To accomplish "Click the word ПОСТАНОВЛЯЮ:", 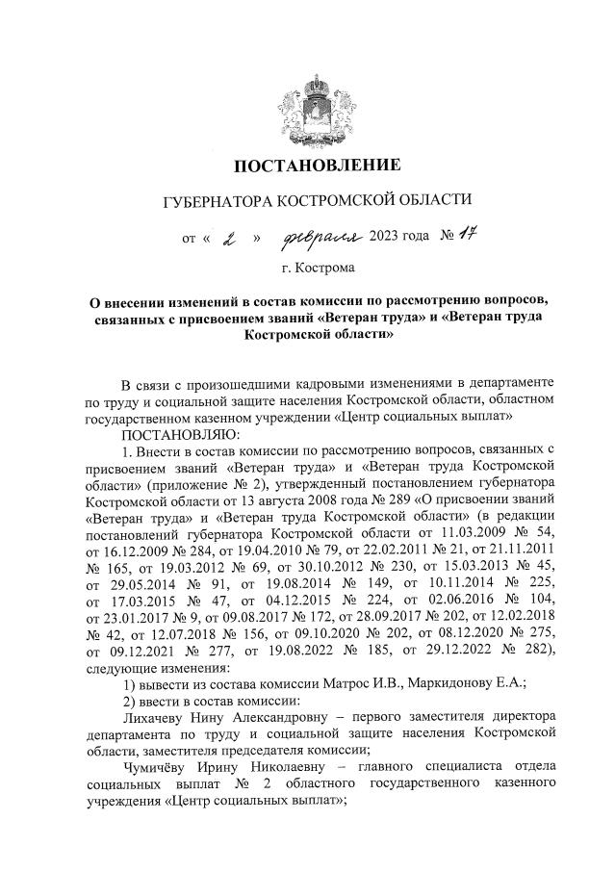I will click(x=170, y=433).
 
